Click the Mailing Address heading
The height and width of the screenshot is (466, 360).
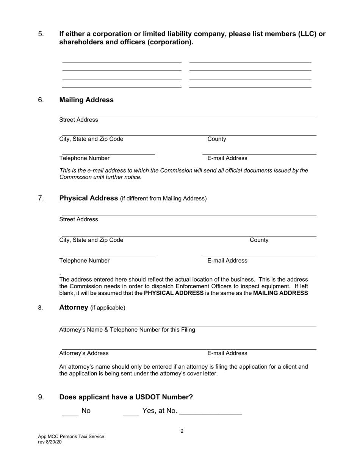[86, 100]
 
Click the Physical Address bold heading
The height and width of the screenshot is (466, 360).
[89, 198]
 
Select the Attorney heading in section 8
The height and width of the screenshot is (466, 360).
[74, 307]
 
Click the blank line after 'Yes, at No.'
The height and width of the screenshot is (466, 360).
[210, 412]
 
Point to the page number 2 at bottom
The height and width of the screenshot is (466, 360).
[182, 431]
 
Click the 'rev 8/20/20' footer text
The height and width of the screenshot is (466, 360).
[50, 442]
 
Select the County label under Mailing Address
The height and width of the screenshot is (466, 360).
[217, 139]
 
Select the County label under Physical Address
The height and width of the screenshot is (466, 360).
[259, 240]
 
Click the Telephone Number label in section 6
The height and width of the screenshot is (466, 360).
[85, 158]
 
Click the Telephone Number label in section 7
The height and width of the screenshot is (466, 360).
[85, 261]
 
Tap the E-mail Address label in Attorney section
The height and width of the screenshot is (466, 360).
[227, 353]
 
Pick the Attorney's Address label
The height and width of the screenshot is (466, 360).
[84, 353]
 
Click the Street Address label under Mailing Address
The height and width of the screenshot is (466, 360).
[79, 120]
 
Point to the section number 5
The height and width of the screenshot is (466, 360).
[41, 34]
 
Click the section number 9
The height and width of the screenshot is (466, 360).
[41, 397]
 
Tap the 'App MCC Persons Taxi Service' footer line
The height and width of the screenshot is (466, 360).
[71, 436]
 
